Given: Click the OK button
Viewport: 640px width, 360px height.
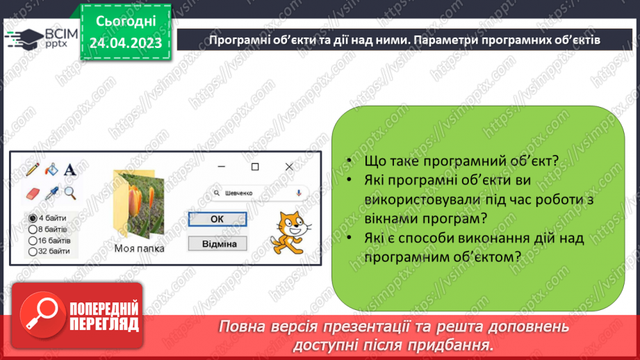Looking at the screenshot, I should pyautogui.click(x=217, y=219).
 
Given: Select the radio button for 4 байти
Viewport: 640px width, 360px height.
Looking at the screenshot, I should pyautogui.click(x=33, y=218).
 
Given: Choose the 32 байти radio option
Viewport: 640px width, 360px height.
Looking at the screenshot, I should pyautogui.click(x=33, y=251).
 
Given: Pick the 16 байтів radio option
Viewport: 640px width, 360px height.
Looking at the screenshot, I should pyautogui.click(x=33, y=240).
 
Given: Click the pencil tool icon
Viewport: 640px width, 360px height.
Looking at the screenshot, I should pyautogui.click(x=32, y=169).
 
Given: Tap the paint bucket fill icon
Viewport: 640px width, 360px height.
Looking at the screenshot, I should pyautogui.click(x=51, y=169).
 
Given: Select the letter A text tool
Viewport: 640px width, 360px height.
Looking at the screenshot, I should pyautogui.click(x=69, y=170).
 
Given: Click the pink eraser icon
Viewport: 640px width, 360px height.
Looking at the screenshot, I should pyautogui.click(x=33, y=193).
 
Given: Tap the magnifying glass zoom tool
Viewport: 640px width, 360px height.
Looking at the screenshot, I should pyautogui.click(x=69, y=193).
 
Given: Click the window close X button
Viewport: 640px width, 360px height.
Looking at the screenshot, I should pyautogui.click(x=289, y=167).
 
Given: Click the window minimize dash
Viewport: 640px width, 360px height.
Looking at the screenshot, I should pyautogui.click(x=221, y=167).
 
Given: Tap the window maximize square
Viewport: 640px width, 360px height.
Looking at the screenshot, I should pyautogui.click(x=255, y=167).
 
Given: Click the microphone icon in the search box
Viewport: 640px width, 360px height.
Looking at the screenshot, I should pyautogui.click(x=299, y=193).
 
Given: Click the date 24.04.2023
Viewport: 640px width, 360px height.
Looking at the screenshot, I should pyautogui.click(x=125, y=43).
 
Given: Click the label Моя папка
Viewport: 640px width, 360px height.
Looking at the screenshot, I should pyautogui.click(x=140, y=249).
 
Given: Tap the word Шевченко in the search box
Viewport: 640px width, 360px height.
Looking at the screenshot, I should pyautogui.click(x=238, y=193).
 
